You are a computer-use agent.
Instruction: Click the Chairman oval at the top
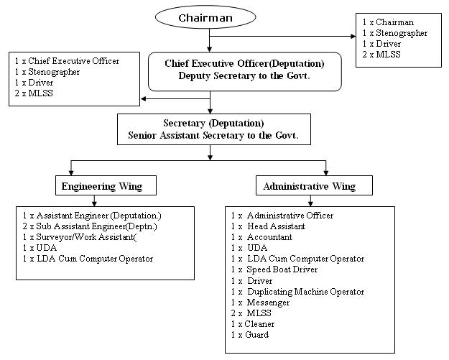(x=205, y=17)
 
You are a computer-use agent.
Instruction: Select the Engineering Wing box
(x=106, y=185)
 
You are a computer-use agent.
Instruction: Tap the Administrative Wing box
(x=314, y=185)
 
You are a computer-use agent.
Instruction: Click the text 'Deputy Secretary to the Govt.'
(x=244, y=76)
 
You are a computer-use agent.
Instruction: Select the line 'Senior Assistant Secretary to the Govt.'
(x=213, y=135)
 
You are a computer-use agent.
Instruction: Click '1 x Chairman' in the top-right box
(x=388, y=22)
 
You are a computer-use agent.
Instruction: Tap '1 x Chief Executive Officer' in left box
(x=67, y=61)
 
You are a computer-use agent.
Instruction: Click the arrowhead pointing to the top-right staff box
(x=353, y=37)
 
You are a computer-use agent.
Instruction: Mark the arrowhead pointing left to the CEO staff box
(x=144, y=99)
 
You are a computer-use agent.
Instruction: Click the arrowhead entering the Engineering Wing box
(x=71, y=172)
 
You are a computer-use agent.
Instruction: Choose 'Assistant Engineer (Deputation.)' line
(x=92, y=216)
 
